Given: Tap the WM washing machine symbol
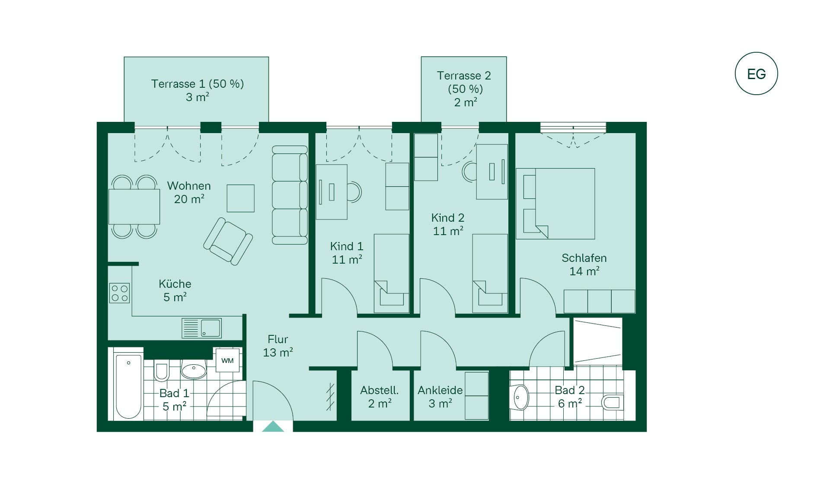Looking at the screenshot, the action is point(227,360).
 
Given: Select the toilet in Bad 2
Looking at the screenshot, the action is point(612,402).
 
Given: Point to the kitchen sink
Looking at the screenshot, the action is point(201,328).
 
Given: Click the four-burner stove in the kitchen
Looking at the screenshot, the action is point(119,293).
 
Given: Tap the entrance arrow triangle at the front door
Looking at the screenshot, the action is point(273,427).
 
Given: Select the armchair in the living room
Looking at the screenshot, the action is point(228,241).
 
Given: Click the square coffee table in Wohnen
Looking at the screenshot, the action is point(240,198).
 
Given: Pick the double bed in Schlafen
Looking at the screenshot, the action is point(555,204).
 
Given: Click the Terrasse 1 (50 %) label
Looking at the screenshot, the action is point(198,83).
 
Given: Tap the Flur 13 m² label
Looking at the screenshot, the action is point(278,346).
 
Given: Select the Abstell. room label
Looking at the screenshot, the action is point(380,390).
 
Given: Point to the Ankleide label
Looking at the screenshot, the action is point(440,390).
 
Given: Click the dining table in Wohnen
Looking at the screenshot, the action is point(134,207).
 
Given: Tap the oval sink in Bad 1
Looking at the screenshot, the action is point(194,370).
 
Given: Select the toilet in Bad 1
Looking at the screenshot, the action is point(161,372).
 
